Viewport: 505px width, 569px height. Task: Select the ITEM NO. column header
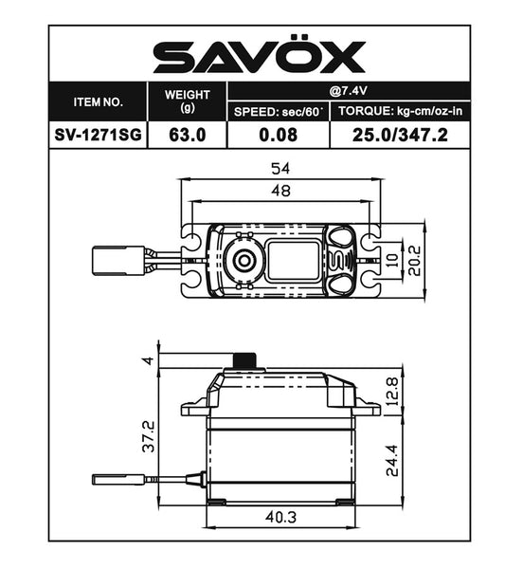click(98, 101)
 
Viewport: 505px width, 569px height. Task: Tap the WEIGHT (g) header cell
click(187, 100)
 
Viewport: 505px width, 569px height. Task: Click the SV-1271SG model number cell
click(98, 135)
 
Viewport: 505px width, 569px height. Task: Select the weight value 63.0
click(187, 135)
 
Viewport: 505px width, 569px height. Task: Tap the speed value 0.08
click(279, 135)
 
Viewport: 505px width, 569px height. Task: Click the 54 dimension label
click(280, 169)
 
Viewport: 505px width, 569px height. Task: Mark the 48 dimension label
click(280, 190)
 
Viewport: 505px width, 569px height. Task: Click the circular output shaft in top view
click(243, 260)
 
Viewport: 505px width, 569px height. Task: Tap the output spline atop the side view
click(246, 361)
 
